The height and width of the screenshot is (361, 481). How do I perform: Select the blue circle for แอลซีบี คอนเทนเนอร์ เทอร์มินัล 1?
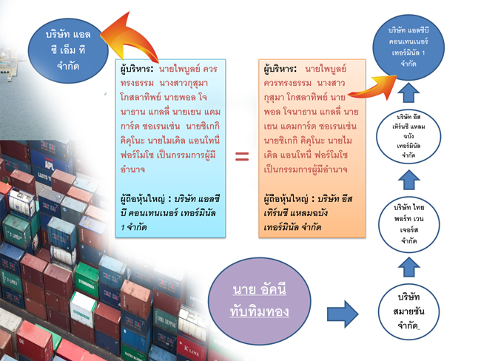tap(419, 47)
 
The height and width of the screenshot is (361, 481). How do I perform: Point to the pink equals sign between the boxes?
tap(241, 156)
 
